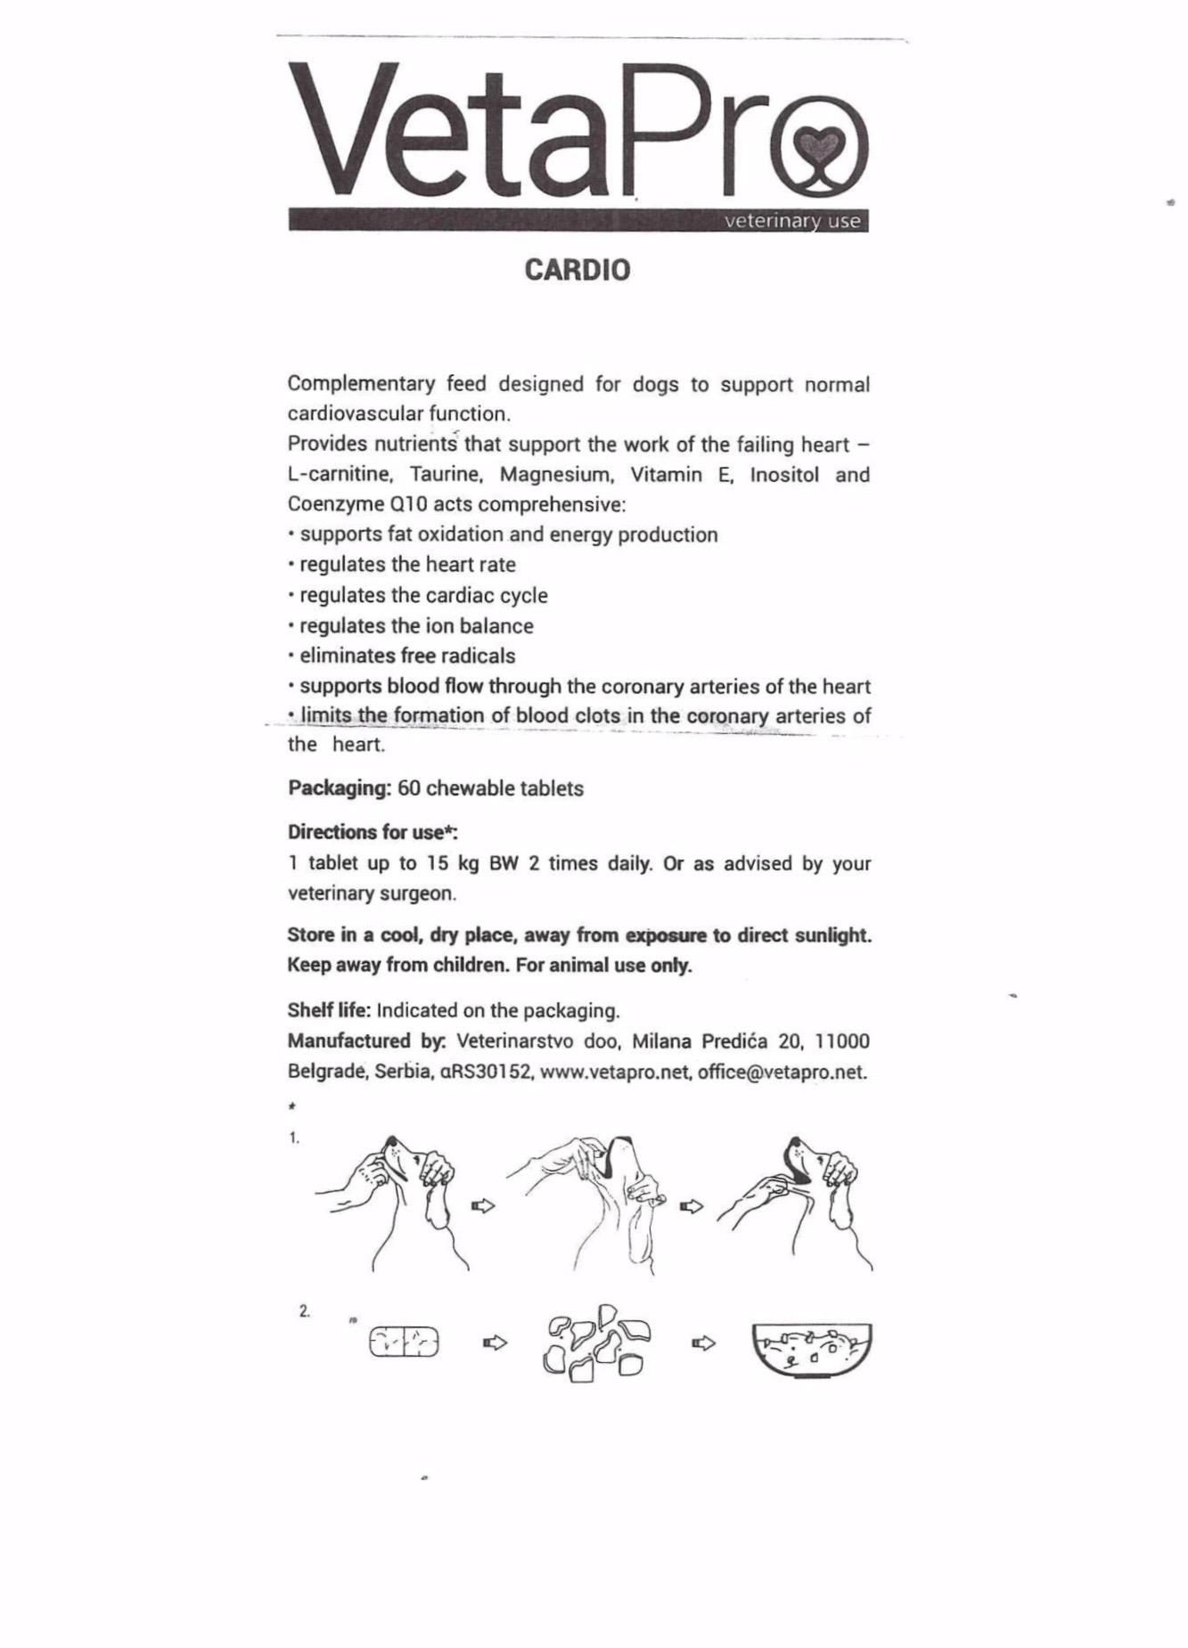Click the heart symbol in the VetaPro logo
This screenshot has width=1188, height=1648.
point(817,143)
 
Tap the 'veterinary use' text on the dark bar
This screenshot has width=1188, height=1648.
point(792,221)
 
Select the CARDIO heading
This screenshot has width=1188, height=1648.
point(578,270)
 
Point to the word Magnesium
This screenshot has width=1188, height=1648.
point(557,475)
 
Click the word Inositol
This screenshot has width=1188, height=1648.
point(784,475)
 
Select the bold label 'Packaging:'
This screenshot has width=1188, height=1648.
point(340,788)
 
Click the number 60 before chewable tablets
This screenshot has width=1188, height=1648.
point(409,788)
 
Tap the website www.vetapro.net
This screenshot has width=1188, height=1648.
point(615,1072)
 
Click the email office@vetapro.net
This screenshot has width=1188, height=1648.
point(782,1072)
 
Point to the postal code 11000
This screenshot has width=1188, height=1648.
point(842,1041)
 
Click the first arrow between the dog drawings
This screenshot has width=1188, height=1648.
point(483,1205)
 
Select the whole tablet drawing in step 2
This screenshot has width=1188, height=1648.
point(405,1342)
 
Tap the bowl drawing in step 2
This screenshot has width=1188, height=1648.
point(812,1349)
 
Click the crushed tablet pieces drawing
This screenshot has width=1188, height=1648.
point(595,1344)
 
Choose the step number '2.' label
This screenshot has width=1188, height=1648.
point(305,1311)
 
